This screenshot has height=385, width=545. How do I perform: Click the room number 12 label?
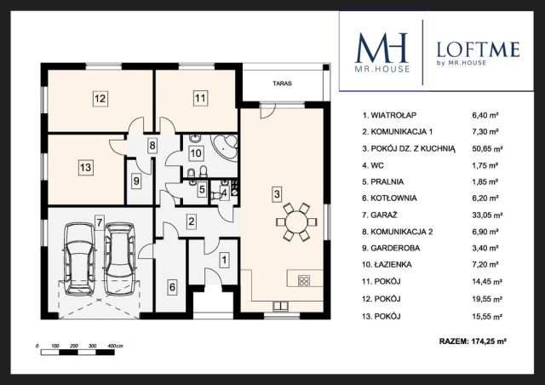click(100, 99)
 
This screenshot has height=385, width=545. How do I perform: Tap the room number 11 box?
click(200, 98)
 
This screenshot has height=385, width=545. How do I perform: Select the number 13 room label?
click(85, 167)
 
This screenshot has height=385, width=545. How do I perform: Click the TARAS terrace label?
click(282, 83)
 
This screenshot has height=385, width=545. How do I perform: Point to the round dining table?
click(296, 222)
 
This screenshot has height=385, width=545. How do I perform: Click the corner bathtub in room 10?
click(225, 146)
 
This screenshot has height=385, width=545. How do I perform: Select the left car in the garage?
click(79, 258)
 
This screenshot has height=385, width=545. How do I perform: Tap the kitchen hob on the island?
click(304, 280)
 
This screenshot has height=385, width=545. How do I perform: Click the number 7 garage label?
click(100, 221)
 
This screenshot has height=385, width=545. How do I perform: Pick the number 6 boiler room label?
click(172, 287)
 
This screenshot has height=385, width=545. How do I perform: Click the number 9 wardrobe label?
click(136, 181)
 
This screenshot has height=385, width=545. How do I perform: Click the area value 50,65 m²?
click(487, 149)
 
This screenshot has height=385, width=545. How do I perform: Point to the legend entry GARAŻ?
click(380, 215)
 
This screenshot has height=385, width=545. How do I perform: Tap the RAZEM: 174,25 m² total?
click(473, 342)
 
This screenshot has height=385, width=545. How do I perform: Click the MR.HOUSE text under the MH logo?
click(382, 69)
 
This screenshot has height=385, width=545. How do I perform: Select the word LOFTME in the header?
click(478, 49)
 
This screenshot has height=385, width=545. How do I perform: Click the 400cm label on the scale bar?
click(116, 346)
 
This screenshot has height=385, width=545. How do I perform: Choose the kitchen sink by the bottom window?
click(280, 306)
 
